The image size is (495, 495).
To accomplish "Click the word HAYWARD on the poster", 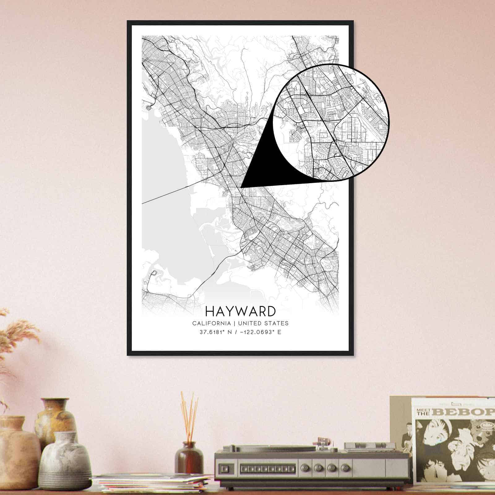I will [x=240, y=311].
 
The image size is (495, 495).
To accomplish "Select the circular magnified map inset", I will [x=331, y=122].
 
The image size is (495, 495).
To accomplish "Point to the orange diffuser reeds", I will [x=189, y=415].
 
